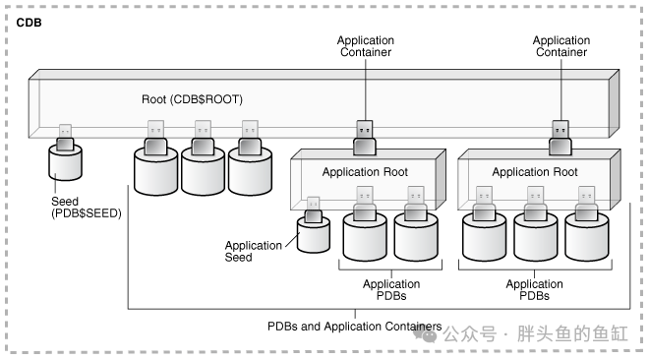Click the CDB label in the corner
(29, 23)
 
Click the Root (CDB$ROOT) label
(192, 99)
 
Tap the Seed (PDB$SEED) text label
(87, 208)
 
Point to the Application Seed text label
(254, 251)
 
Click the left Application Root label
(365, 172)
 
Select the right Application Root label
(535, 172)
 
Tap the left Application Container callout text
(366, 46)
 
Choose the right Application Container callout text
(561, 46)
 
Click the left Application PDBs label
(391, 289)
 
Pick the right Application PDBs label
(534, 289)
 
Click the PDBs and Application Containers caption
(355, 327)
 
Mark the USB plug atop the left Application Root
(365, 139)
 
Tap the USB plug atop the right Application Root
(560, 139)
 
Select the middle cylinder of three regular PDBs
(203, 171)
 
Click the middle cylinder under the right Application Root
(536, 237)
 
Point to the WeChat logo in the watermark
(425, 333)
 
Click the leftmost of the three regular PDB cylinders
(156, 171)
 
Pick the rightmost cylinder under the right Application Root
(587, 237)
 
